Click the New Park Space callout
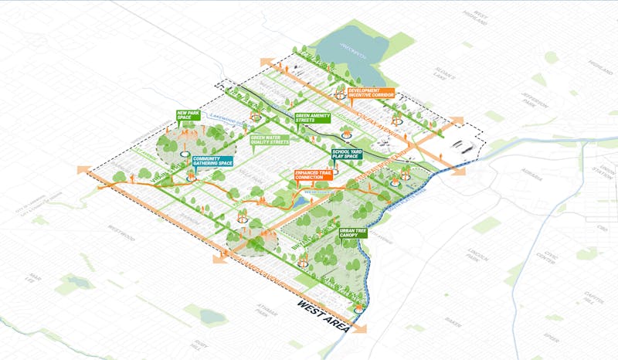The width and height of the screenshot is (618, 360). click(188, 116)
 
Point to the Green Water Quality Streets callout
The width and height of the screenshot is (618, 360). click(269, 140)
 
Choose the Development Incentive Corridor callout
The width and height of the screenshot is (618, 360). click(371, 93)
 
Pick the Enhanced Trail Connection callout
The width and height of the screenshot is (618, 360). click(314, 175)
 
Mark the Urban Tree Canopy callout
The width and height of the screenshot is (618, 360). click(351, 232)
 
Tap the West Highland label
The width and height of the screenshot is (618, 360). click(480, 17)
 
